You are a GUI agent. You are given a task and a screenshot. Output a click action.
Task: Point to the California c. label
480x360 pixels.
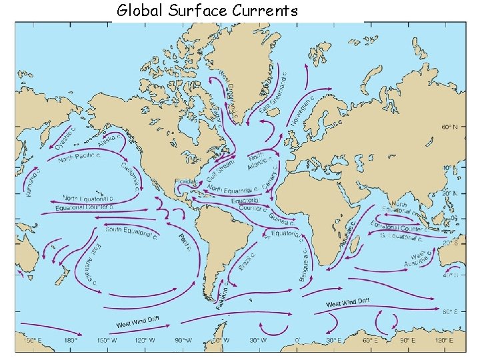tap(131, 176)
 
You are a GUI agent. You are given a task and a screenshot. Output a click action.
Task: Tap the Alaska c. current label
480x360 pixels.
tap(109, 139)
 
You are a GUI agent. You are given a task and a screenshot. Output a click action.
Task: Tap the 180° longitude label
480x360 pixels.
tap(71, 339)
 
